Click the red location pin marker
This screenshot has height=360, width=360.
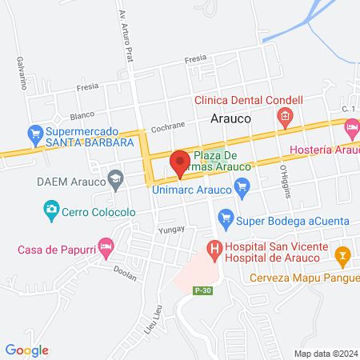[180, 162]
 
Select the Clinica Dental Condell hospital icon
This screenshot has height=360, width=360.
[284, 118]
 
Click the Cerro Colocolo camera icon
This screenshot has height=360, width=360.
[51, 210]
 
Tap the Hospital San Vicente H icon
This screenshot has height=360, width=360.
[214, 250]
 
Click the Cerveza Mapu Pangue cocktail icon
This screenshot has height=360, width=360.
[343, 256]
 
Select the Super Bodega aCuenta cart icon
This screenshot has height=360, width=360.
[226, 217]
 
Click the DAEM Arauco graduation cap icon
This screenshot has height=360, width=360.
[115, 175]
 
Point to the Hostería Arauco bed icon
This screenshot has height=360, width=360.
[351, 127]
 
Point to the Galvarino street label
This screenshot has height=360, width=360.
[18, 73]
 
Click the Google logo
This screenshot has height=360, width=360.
[27, 350]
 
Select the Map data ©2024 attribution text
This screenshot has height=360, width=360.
[325, 353]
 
